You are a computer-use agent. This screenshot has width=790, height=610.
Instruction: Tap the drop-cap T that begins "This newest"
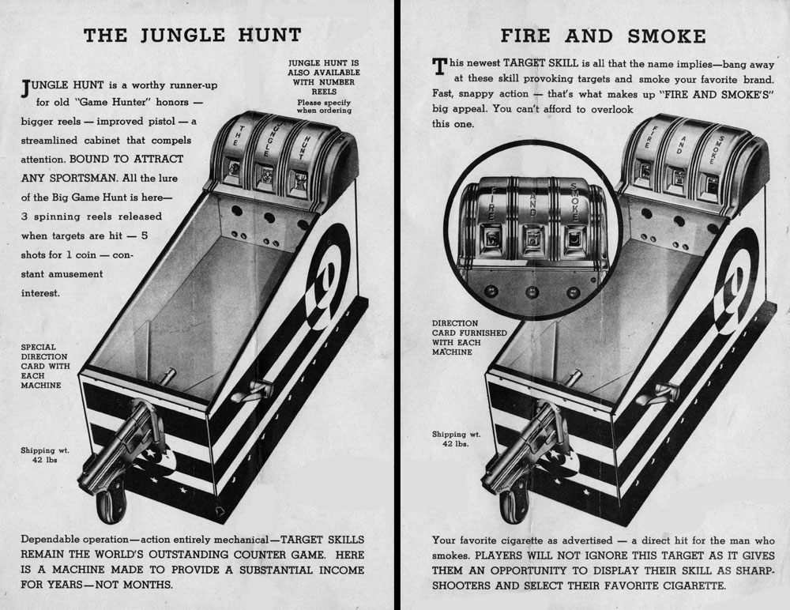439,66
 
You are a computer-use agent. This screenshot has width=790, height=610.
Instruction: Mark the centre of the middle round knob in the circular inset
532,292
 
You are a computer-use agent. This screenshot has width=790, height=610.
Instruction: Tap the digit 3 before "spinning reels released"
24,217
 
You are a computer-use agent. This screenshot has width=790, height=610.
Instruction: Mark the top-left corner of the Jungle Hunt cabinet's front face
79,374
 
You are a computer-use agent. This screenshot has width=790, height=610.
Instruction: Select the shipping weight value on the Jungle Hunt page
45,460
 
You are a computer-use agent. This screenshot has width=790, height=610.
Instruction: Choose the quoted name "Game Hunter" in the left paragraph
113,103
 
